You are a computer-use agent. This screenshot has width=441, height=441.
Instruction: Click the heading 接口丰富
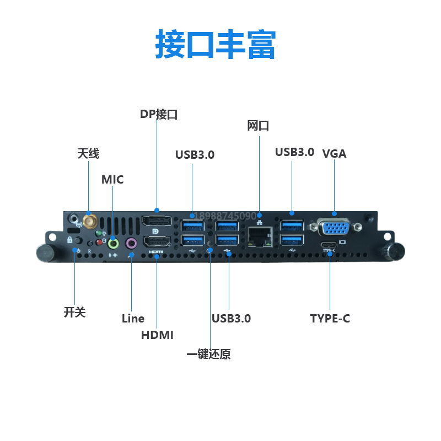click(x=216, y=44)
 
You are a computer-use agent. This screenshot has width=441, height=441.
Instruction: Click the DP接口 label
click(x=159, y=114)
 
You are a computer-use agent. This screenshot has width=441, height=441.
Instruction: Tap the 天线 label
click(x=88, y=153)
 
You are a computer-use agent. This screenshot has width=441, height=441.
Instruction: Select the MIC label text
click(x=112, y=180)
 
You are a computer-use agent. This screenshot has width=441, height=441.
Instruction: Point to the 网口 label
click(x=258, y=126)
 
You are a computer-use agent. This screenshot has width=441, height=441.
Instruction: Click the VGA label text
click(x=334, y=154)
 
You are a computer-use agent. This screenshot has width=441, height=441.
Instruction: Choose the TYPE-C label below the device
click(x=330, y=318)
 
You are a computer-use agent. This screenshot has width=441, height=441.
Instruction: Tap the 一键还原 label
click(x=208, y=354)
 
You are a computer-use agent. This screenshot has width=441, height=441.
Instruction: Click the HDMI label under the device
click(x=157, y=335)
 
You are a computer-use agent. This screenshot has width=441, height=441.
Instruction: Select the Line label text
click(x=133, y=318)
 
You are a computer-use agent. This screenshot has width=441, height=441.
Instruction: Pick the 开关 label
click(x=75, y=312)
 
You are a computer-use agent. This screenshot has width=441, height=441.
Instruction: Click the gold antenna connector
click(x=89, y=222)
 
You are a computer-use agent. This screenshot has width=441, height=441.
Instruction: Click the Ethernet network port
click(x=259, y=236)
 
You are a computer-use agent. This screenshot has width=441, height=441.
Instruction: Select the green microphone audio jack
click(x=114, y=242)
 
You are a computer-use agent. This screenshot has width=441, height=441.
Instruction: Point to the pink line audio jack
click(x=132, y=243)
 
